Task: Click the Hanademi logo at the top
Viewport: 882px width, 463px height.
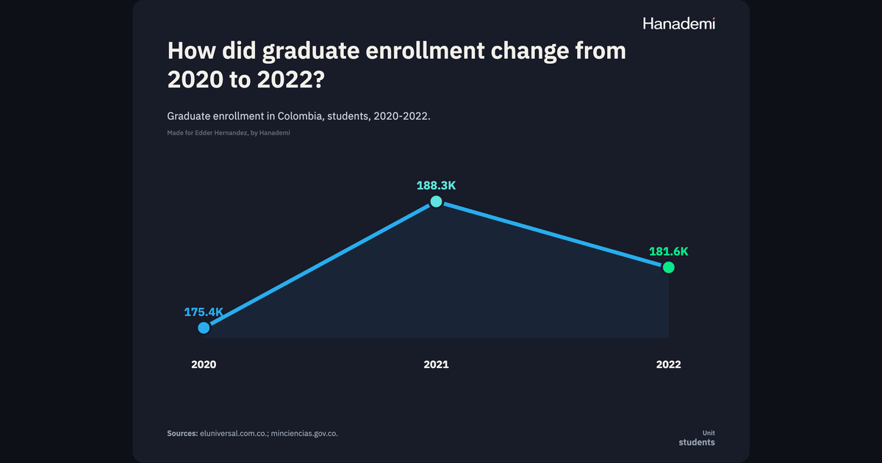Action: pyautogui.click(x=679, y=24)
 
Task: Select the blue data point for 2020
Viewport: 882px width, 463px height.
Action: pyautogui.click(x=204, y=328)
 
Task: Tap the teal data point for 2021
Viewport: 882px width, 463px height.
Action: pyautogui.click(x=436, y=201)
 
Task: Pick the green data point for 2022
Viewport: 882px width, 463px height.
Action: pyautogui.click(x=669, y=268)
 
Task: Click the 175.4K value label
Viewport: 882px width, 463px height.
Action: pyautogui.click(x=204, y=312)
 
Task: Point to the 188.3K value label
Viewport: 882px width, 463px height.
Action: pyautogui.click(x=436, y=185)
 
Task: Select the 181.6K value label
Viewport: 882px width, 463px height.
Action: pyautogui.click(x=669, y=251)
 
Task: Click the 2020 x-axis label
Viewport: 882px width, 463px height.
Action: pyautogui.click(x=204, y=365)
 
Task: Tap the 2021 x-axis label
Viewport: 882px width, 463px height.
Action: pyautogui.click(x=436, y=365)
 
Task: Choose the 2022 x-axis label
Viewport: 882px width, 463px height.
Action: pyautogui.click(x=669, y=365)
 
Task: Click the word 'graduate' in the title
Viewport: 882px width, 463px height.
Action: pyautogui.click(x=311, y=52)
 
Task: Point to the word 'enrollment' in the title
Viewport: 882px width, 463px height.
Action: pyautogui.click(x=425, y=51)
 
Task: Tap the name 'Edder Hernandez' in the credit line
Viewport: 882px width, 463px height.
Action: pyautogui.click(x=221, y=133)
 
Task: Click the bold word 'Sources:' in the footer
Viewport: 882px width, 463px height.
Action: pyautogui.click(x=182, y=434)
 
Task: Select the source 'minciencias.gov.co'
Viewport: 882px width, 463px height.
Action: pyautogui.click(x=304, y=434)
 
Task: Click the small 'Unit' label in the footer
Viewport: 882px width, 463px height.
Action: pyautogui.click(x=709, y=433)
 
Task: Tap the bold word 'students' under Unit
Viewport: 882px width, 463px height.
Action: pyautogui.click(x=697, y=442)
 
